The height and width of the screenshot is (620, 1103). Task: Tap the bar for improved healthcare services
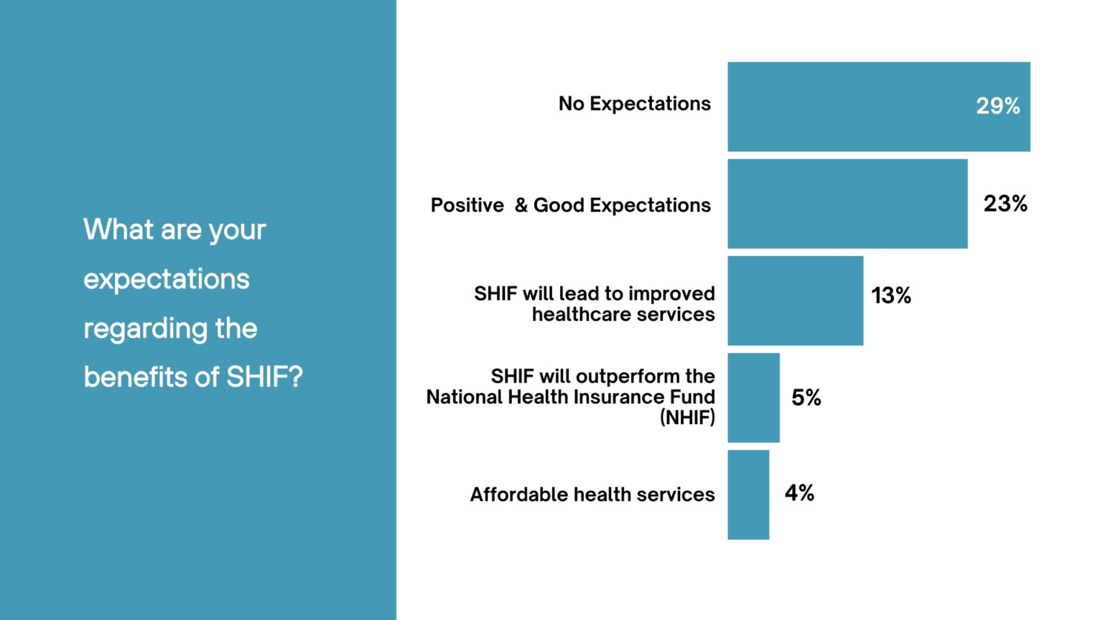pos(795,301)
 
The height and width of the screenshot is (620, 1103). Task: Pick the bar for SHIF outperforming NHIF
pos(753,398)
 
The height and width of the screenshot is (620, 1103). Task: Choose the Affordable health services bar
pos(748,494)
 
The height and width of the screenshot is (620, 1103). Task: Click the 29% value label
pos(997,106)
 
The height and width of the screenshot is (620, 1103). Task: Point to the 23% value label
pos(1005,204)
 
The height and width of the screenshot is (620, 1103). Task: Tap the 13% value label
pos(891,295)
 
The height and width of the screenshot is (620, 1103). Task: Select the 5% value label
pos(806,398)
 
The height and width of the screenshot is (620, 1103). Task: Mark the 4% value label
pos(799,493)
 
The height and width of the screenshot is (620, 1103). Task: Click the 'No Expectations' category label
pos(635,104)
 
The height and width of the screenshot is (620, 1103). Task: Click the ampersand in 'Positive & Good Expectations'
pos(521,205)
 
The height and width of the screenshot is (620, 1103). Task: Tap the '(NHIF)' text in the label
pos(687,418)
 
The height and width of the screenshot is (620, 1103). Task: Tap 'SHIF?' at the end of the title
pos(264,377)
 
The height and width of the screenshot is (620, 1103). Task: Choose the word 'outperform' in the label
pos(628,376)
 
